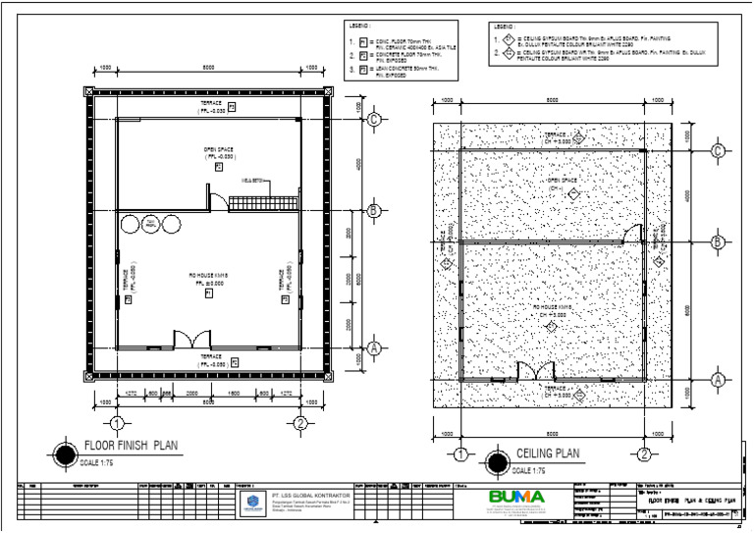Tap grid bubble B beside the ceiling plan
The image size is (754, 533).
pos(718,241)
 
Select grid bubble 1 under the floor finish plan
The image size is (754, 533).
pos(116,423)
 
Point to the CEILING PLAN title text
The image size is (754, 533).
pos(548,453)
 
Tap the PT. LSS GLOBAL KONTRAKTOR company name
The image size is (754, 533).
pos(311,497)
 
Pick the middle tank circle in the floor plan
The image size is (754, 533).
pos(150,225)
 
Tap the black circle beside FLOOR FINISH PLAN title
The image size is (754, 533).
pos(65,453)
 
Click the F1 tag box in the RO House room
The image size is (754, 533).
pos(208,292)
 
